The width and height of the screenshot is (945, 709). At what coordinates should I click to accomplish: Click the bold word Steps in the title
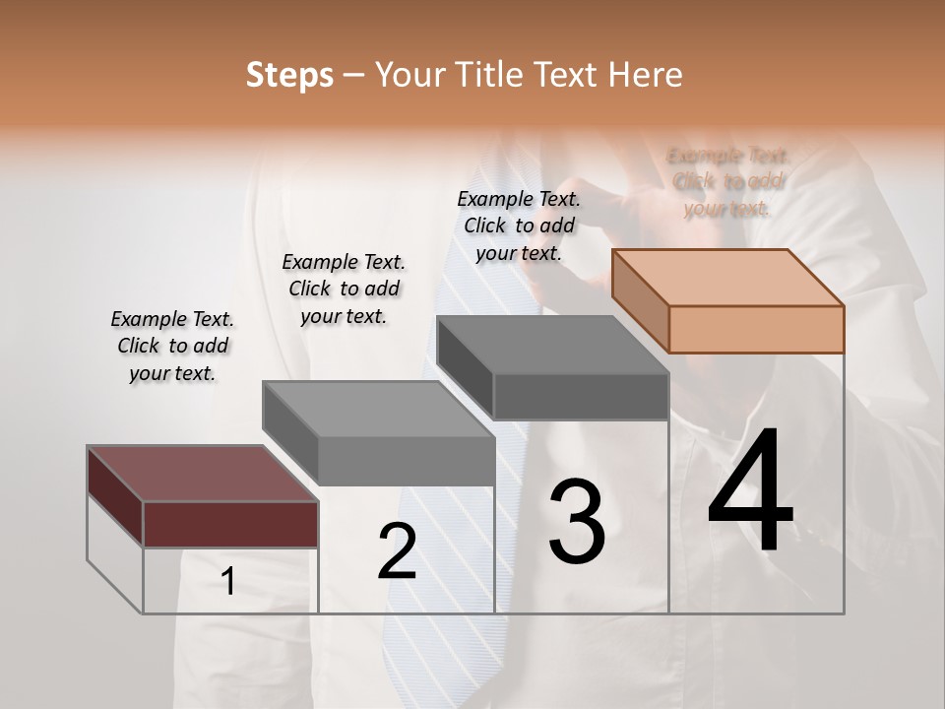289,75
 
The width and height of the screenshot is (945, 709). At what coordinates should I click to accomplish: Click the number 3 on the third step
576,522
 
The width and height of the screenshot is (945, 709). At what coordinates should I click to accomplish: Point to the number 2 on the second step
397,551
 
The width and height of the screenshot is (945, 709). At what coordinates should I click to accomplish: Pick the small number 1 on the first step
228,582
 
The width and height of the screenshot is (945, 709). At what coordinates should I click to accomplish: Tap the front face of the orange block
756,329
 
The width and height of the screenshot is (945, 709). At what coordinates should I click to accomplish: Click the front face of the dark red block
230,524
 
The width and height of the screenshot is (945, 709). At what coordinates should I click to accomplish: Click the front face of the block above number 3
581,397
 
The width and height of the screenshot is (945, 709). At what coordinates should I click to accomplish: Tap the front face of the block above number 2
407,461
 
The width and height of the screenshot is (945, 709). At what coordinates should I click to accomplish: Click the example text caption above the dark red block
172,347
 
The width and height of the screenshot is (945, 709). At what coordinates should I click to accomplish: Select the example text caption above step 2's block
344,290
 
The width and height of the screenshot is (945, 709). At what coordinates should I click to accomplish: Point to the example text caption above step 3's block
519,226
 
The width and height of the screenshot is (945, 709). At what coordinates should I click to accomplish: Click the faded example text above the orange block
727,182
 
